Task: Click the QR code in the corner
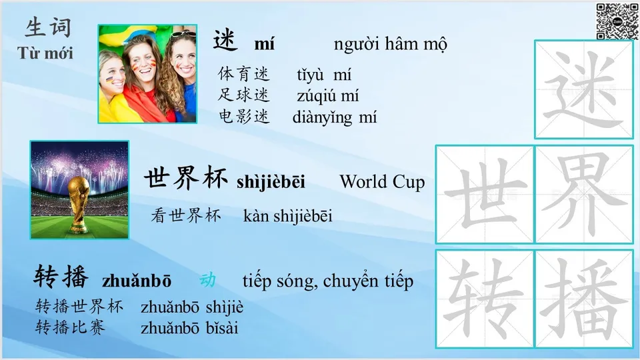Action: (617, 21)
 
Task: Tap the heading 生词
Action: (48, 27)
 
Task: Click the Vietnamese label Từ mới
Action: (45, 53)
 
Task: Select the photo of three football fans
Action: (147, 74)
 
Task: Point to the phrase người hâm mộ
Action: (390, 45)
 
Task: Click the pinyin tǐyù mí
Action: (324, 75)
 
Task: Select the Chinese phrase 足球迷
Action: (244, 95)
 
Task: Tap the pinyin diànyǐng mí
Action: (334, 118)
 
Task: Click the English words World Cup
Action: (381, 181)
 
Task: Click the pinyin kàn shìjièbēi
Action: (288, 215)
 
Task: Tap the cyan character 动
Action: (207, 280)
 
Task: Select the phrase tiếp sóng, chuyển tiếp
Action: (327, 281)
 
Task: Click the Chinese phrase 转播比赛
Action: (70, 327)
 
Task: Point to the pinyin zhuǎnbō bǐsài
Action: (189, 328)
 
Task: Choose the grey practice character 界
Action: (584, 194)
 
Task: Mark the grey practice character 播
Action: (584, 299)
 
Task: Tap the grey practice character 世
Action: (485, 194)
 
